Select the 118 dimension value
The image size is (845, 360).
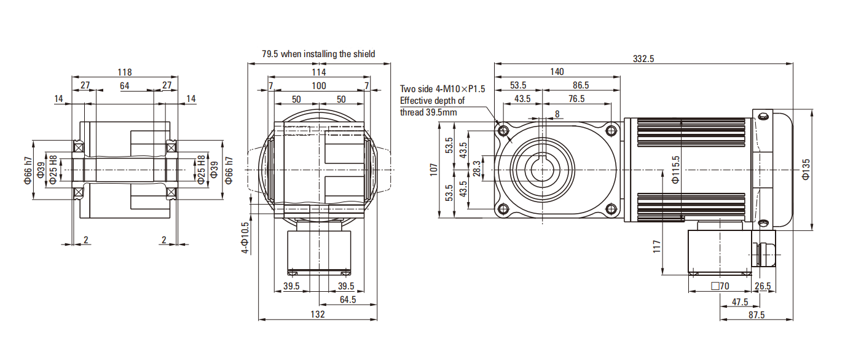tap(125, 72)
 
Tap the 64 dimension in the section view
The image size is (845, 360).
tap(125, 85)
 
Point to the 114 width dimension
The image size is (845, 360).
tap(318, 72)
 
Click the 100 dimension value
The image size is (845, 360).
tap(318, 85)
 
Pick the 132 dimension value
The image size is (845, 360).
tap(318, 315)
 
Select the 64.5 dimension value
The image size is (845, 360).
tap(348, 300)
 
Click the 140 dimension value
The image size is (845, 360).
tap(557, 72)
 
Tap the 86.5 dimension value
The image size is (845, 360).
tap(580, 85)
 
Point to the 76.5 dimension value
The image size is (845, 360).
tap(576, 99)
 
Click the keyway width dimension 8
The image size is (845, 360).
tap(557, 114)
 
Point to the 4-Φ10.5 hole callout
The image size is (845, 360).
tap(245, 237)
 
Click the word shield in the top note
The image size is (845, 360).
tap(364, 54)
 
